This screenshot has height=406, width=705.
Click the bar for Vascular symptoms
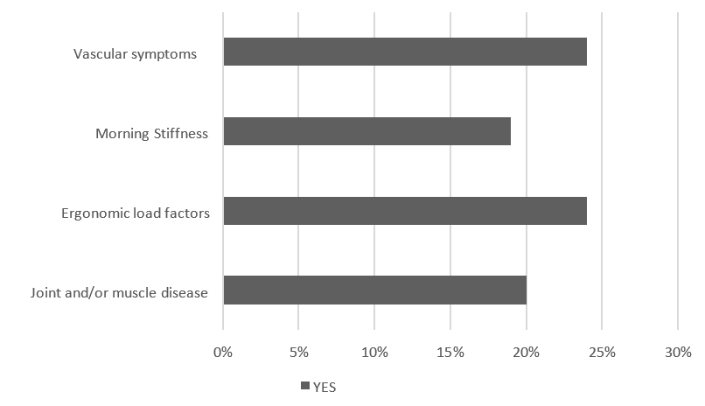(405, 52)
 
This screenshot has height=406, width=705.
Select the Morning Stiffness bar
(366, 131)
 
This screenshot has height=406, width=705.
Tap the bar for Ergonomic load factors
(405, 211)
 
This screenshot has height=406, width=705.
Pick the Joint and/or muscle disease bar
(374, 290)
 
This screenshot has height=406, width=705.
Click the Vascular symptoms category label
(135, 54)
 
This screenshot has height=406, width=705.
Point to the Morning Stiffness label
(152, 134)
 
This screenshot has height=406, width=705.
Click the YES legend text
(324, 388)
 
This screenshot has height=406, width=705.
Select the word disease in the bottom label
(184, 292)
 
